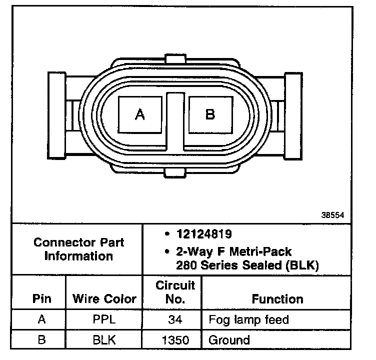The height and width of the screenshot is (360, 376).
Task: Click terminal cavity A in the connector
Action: coord(140,114)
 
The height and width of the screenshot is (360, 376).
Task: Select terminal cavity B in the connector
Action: coord(210,114)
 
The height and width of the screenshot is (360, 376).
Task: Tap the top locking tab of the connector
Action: coord(175,59)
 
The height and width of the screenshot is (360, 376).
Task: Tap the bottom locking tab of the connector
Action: coord(175,173)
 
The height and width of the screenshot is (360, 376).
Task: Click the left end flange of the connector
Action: coord(56,115)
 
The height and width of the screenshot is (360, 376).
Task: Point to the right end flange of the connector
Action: coord(293,116)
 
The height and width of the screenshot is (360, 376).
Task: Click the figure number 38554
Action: coord(332,215)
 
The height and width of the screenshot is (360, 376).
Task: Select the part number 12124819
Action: coord(204,234)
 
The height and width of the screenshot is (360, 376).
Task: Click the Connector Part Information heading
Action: coord(78,249)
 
